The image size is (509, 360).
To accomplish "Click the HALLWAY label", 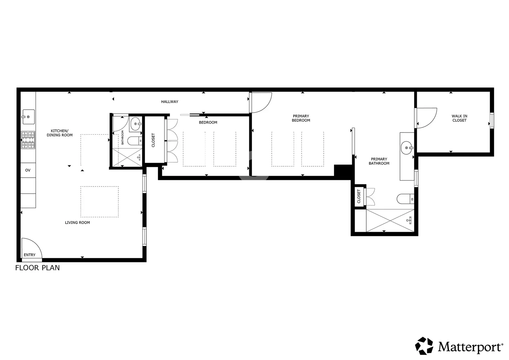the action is coord(170,102).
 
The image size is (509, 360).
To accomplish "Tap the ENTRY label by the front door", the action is coord(30,255).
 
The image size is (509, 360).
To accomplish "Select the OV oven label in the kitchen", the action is coord(28,170).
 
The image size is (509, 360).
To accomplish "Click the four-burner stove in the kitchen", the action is coord(28,140).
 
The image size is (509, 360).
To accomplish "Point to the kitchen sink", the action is coord(28,117).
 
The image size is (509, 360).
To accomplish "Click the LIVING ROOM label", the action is coord(77,223).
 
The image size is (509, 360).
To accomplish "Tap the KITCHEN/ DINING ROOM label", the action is coord(60,133).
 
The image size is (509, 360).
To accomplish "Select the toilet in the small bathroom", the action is coord(135,141).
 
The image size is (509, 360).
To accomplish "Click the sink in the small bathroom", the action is coord(136,124).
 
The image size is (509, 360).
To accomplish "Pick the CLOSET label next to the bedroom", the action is coord(153,140).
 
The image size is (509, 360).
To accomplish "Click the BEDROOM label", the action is coord(208,122).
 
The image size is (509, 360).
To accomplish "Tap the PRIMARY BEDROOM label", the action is coord(301,118).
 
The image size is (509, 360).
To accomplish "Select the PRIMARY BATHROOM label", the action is coord(379,161).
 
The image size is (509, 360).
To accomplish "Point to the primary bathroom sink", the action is coord(407,148).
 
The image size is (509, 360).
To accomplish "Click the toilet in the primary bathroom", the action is coord(405,199).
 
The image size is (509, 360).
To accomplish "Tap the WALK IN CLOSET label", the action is coord(459,118).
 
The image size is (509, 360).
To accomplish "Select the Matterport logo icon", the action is coord(424,346).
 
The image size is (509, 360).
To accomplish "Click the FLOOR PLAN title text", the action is coord(37,268).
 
